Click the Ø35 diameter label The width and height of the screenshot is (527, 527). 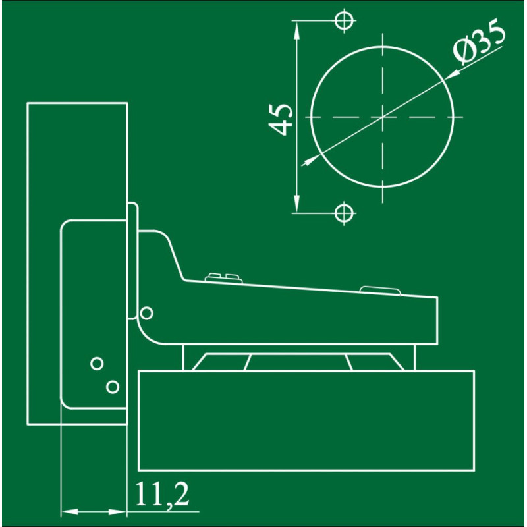479,42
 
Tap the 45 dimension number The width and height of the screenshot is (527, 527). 281,119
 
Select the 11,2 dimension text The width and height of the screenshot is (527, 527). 161,495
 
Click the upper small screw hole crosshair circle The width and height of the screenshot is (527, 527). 344,20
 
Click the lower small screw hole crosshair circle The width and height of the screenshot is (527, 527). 344,213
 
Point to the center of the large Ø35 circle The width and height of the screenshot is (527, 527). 383,117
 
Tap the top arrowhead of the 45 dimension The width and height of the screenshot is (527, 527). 296,31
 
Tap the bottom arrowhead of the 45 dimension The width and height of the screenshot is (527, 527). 296,203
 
